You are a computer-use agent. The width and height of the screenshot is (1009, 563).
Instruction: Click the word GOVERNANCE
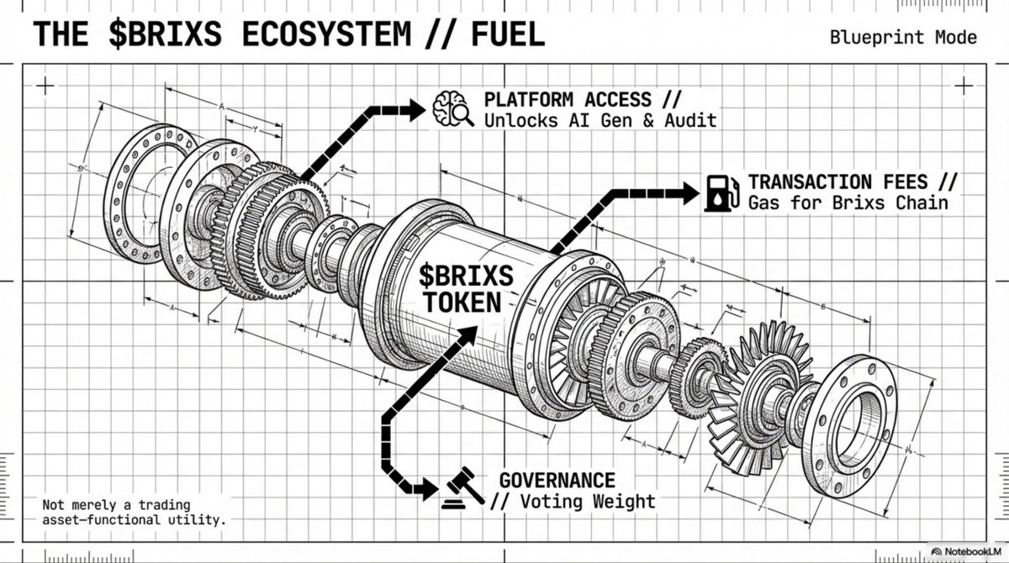[x=557, y=480]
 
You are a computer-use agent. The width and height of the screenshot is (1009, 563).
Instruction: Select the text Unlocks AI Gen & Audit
[x=600, y=120]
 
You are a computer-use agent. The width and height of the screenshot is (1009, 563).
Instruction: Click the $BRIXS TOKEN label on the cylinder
[x=464, y=287]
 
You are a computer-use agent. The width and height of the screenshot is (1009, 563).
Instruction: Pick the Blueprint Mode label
[x=903, y=37]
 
